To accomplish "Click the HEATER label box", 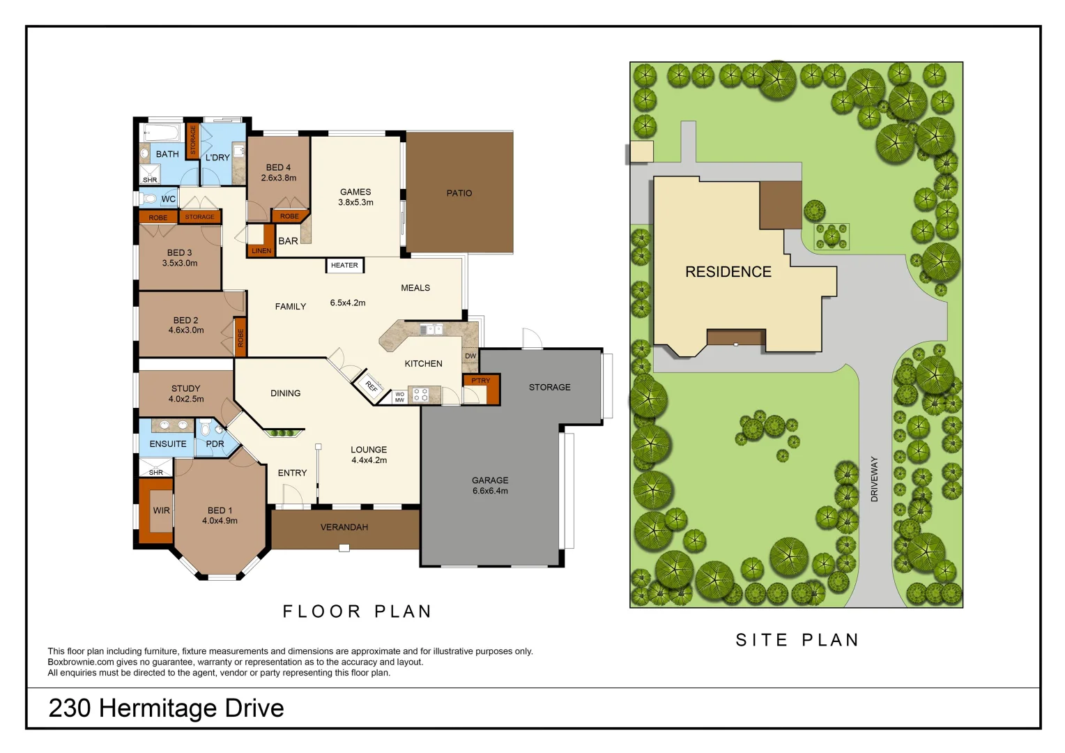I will tap(344, 266).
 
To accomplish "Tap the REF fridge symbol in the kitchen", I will tap(371, 386).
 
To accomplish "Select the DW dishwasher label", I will tap(470, 356).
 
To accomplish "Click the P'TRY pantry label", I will tap(480, 381).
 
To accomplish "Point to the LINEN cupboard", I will tap(261, 251).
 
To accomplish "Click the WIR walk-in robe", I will tap(161, 511).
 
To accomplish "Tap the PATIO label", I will tap(459, 193).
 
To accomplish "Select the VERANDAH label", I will tap(344, 528).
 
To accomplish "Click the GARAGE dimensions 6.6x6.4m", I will tap(490, 491).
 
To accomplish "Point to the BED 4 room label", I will tap(278, 168).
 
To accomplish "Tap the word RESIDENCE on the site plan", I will tap(728, 272).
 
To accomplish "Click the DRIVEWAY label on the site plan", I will tap(874, 479).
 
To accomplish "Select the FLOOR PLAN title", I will tap(357, 611).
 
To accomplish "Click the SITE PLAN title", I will tap(797, 640).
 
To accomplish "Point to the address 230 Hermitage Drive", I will tap(166, 708).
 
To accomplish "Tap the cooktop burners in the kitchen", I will tap(420, 395).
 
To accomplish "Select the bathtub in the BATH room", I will tap(162, 132).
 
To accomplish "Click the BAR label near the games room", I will tap(288, 241).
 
